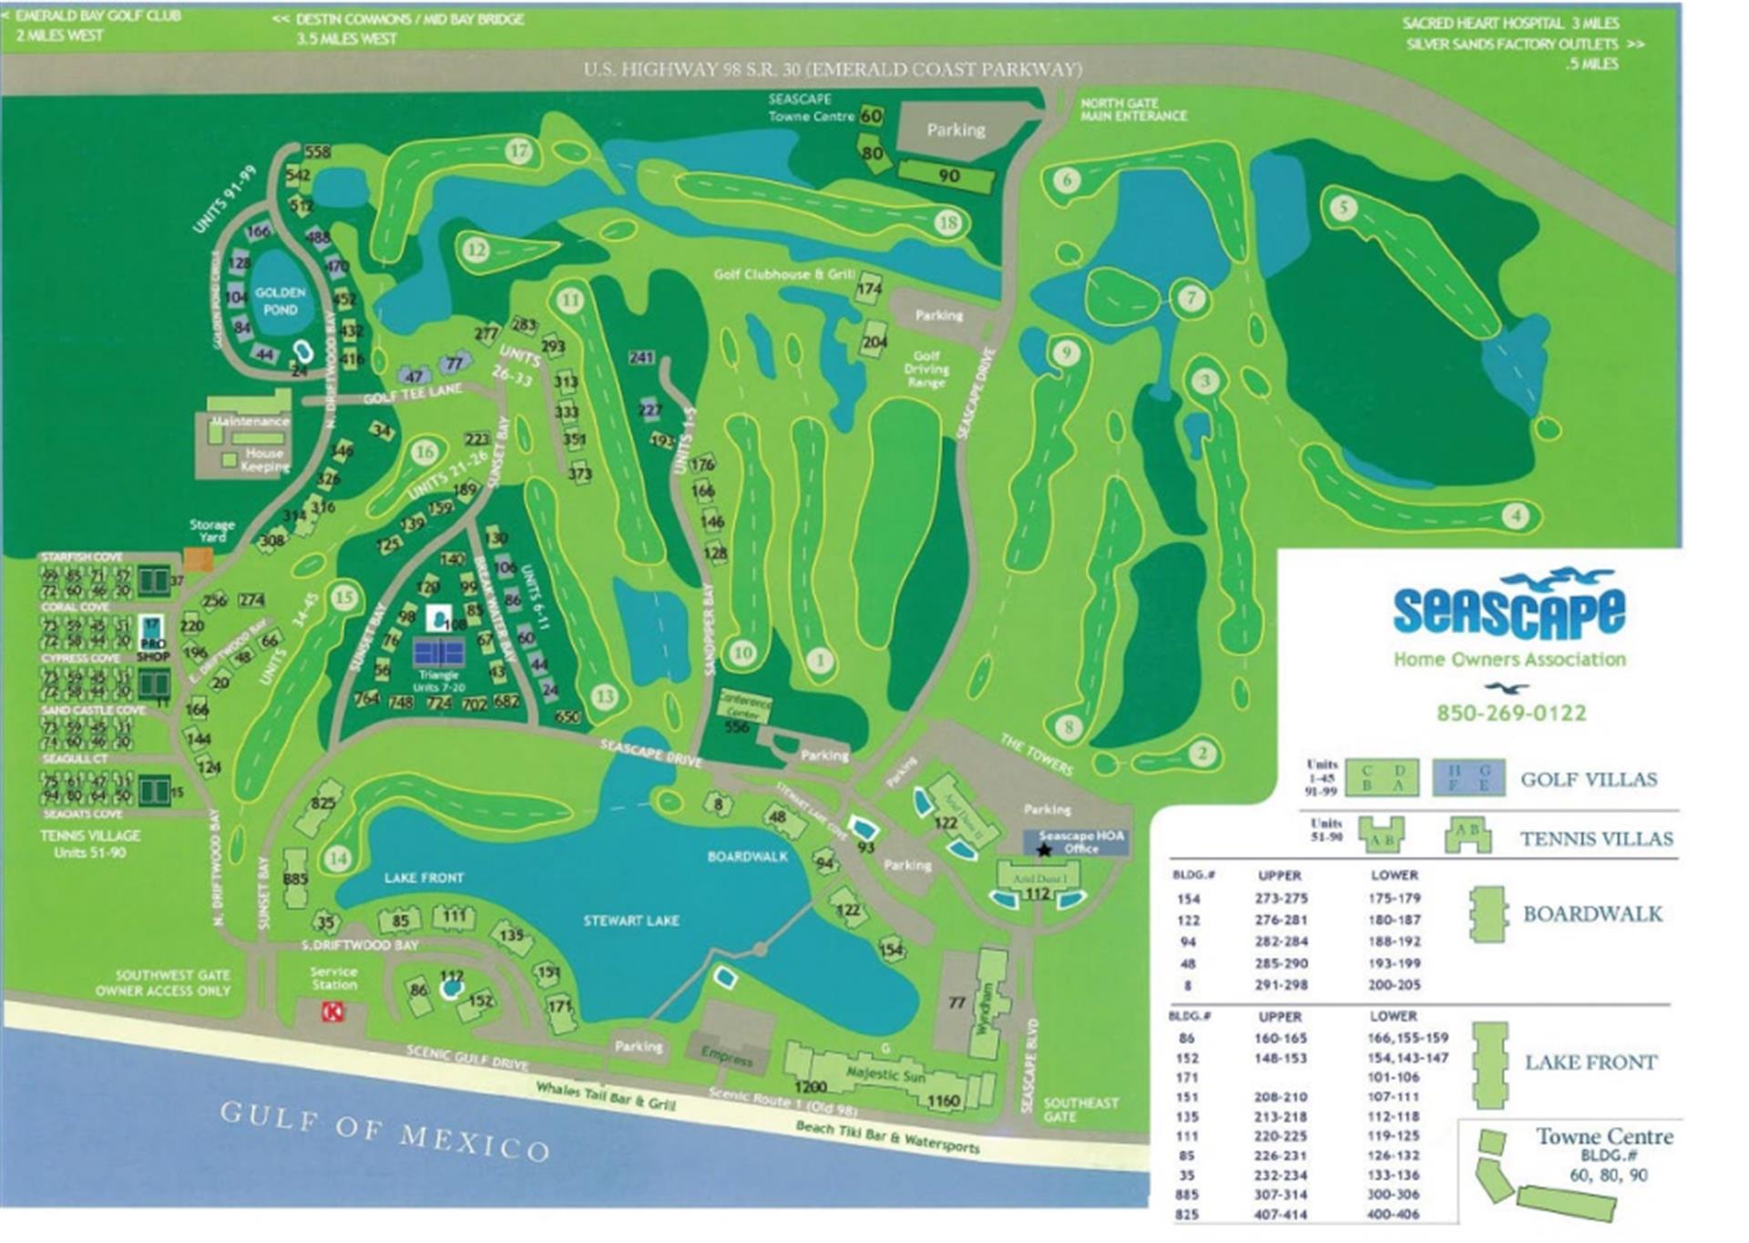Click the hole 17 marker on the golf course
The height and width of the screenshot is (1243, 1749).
click(x=519, y=150)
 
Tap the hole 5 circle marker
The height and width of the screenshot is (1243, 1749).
click(x=1343, y=208)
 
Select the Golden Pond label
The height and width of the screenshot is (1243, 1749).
click(x=280, y=301)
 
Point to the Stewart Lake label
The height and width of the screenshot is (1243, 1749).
click(x=630, y=920)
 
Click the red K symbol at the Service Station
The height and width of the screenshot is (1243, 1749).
click(x=333, y=1011)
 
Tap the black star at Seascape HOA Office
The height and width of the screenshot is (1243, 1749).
click(x=1044, y=849)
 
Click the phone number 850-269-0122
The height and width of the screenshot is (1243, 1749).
click(x=1511, y=713)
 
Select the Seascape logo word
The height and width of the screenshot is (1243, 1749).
click(x=1509, y=611)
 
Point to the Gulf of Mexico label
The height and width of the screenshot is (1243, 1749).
click(x=384, y=1130)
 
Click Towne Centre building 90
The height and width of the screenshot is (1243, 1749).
click(x=948, y=175)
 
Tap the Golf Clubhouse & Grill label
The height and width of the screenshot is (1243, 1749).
click(x=783, y=274)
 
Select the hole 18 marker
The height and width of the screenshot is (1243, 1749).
click(x=948, y=222)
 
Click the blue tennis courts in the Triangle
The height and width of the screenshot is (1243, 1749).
click(x=438, y=652)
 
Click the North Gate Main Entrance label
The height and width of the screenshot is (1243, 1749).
click(x=1133, y=109)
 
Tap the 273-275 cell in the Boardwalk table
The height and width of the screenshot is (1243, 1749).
click(x=1280, y=899)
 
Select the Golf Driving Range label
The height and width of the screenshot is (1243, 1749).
click(x=926, y=369)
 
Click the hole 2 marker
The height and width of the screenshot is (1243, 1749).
click(x=1202, y=754)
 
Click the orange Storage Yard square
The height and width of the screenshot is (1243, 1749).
click(x=198, y=559)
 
